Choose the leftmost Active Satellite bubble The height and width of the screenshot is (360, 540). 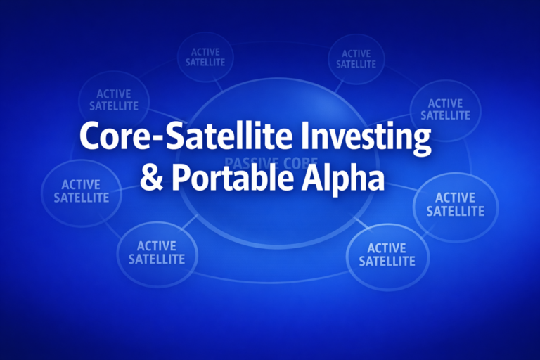tap(81, 191)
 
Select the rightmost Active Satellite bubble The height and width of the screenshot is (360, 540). tap(455, 204)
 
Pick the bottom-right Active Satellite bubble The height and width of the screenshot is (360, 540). tap(387, 255)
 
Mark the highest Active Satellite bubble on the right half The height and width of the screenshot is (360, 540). tap(356, 58)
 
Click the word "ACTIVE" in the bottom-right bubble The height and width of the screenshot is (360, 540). tap(387, 248)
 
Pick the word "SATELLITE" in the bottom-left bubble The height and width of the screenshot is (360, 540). tap(156, 259)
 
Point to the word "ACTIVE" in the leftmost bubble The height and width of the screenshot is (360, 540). tap(81, 184)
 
